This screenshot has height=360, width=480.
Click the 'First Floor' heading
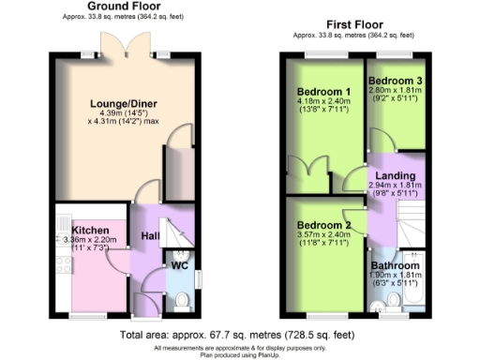352,22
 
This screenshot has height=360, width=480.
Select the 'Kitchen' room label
91,231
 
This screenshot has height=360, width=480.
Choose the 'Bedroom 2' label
323,226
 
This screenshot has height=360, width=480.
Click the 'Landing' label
389,175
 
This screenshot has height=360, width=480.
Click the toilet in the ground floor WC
182,299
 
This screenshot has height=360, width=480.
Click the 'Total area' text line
239,335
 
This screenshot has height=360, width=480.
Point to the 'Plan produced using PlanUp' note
239,354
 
